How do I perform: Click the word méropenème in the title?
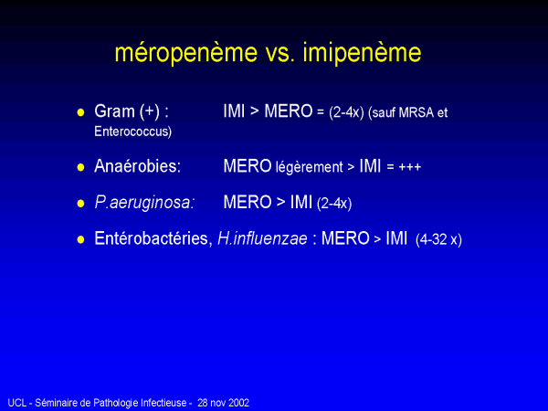point(186,52)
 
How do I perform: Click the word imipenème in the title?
point(362,52)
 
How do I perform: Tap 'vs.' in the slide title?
point(280,53)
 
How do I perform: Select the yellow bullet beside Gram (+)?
point(80,112)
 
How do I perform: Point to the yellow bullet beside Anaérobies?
point(80,167)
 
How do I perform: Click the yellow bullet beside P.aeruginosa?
point(80,204)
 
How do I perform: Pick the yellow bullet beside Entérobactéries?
point(80,239)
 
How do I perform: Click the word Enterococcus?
point(132,132)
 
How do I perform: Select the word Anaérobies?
point(137,166)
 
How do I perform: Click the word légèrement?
point(310,167)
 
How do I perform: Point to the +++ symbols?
point(409,167)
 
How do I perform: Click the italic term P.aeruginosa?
point(144,203)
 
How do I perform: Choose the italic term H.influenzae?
point(262,238)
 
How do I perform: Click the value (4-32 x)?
point(438,239)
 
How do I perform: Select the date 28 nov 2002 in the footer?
point(224,403)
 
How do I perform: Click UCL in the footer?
point(17,403)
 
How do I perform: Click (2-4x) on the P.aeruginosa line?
point(334,204)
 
